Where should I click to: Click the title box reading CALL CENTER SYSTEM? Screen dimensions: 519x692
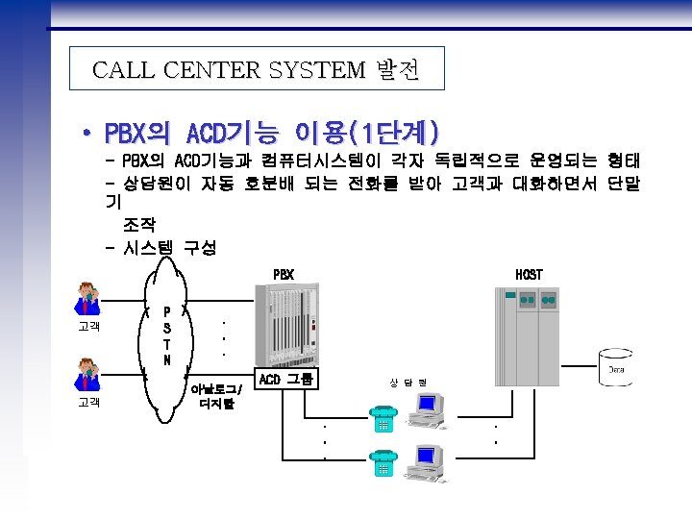(x=258, y=70)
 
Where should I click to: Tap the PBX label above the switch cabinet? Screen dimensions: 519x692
(x=283, y=274)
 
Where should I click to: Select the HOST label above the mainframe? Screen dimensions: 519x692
(x=530, y=274)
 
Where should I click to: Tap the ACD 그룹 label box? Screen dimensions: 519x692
(x=285, y=379)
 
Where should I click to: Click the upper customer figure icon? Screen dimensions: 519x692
(x=87, y=300)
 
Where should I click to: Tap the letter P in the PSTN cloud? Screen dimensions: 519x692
(x=167, y=311)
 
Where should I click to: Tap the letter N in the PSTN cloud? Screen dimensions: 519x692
(x=167, y=360)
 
